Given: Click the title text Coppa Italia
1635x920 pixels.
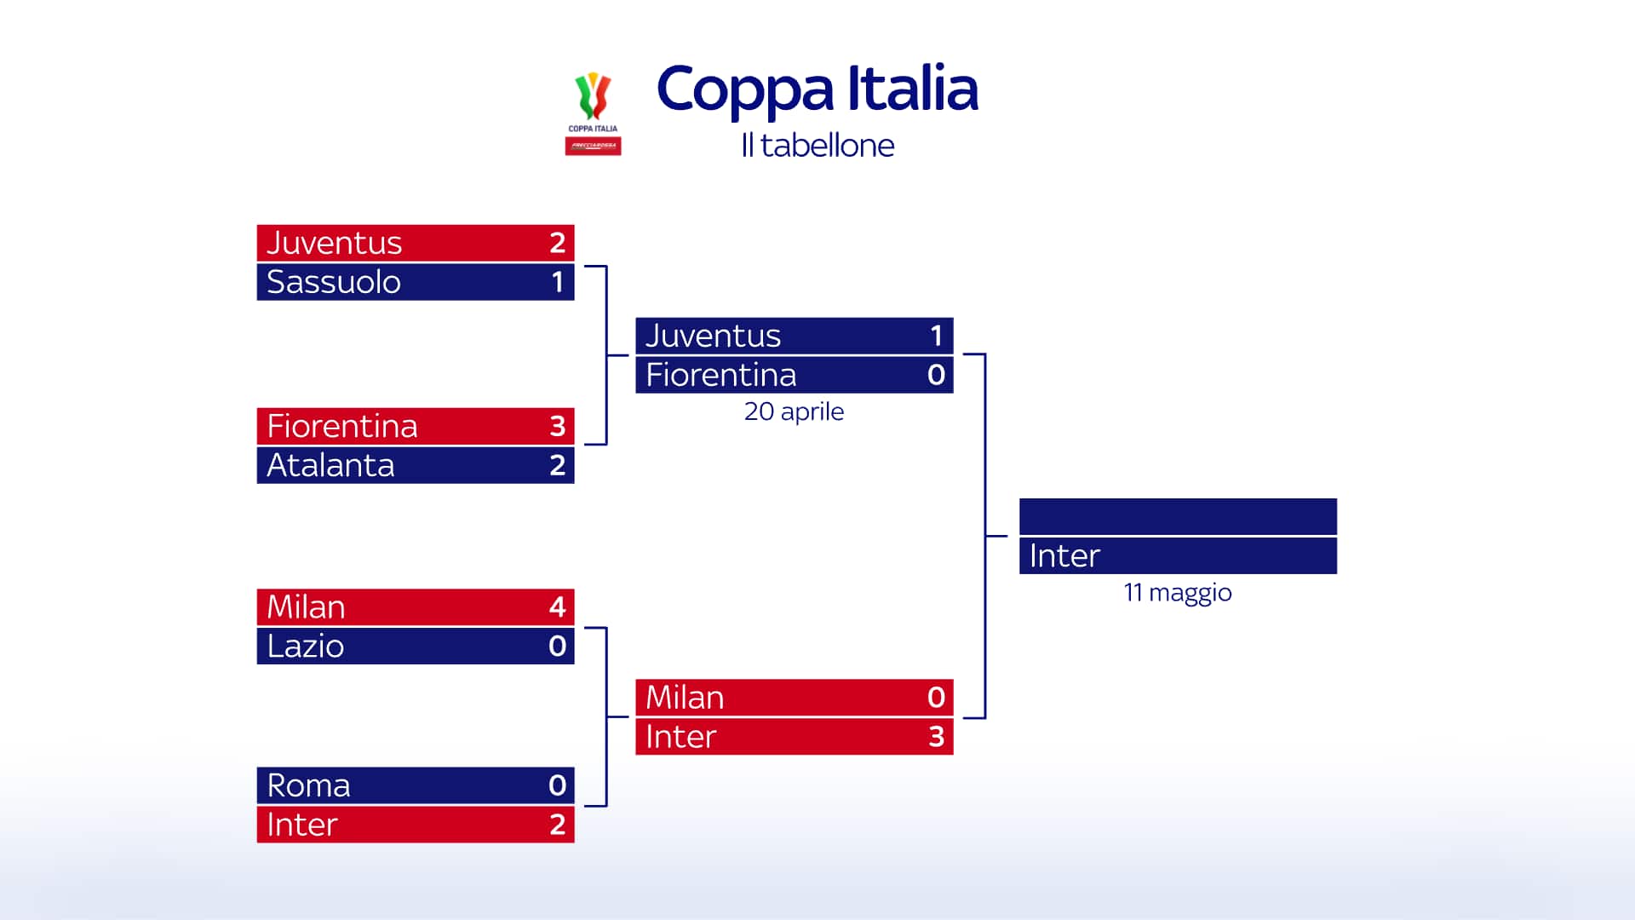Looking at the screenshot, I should point(817,89).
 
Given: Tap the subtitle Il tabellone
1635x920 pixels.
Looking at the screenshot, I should point(817,146).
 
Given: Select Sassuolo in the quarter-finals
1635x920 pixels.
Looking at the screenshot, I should point(333,282).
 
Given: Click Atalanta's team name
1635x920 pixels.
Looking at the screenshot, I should point(330,465).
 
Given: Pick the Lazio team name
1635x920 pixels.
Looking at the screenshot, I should point(305,647).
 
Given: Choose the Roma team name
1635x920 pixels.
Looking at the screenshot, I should point(308,785).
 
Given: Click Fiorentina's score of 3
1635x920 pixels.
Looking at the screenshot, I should point(557,426).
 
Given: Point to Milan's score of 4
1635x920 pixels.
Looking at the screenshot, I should point(557,607).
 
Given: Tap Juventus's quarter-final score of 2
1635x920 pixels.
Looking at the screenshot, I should point(557,243).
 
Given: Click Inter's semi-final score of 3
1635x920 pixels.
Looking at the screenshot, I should point(936,737).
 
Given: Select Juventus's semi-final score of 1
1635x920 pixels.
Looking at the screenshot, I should point(936,336).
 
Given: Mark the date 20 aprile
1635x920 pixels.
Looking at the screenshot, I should point(794,411).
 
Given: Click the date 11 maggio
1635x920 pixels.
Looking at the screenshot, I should point(1178,592).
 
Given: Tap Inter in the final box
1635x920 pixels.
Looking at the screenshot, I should point(1064,555).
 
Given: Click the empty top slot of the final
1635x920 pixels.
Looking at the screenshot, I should point(1178,516).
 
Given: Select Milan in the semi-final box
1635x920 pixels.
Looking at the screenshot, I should point(685,698).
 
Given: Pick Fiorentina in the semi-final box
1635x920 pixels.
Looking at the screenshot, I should point(720,375).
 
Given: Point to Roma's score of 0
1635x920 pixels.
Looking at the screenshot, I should point(557,785).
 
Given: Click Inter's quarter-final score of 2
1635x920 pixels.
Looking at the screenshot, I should point(557,825).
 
